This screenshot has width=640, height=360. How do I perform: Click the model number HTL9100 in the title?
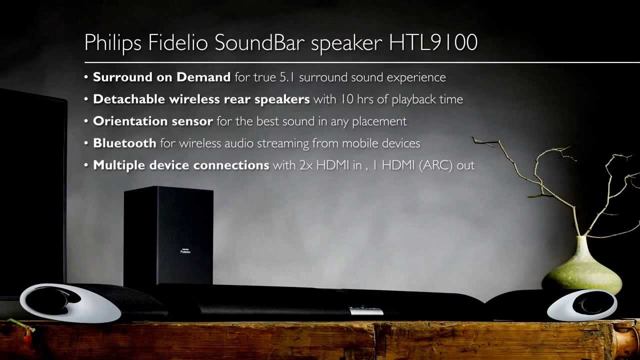pos(433,43)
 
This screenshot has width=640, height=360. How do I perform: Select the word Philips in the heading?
pos(113,43)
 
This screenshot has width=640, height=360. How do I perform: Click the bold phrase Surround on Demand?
pos(161,77)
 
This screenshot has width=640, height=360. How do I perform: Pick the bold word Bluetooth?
pos(124,143)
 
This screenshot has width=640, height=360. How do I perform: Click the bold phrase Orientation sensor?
pos(153,121)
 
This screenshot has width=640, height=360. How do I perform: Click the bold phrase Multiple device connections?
pos(181,165)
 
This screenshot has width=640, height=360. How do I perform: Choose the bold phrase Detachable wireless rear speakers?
pos(201,99)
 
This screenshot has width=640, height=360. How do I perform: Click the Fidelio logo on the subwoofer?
pos(185,251)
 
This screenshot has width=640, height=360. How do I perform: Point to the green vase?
pos(582,267)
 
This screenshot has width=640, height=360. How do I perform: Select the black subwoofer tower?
pos(168,235)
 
